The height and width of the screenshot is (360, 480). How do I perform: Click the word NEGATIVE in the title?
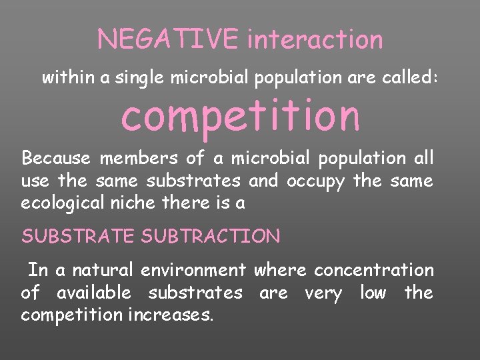tap(167, 39)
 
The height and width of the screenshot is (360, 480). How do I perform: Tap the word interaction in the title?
tap(315, 39)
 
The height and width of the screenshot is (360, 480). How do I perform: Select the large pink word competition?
tap(240, 115)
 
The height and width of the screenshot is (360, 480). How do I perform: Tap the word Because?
tap(56, 158)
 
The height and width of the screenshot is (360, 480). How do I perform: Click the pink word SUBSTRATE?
tap(77, 236)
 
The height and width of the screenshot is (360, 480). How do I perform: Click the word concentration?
tap(373, 270)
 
